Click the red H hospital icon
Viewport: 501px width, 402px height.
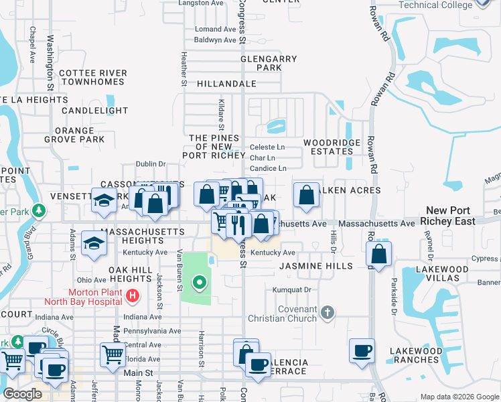pyautogui.click(x=133, y=295)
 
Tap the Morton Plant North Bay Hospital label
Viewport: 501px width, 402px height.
pyautogui.click(x=95, y=300)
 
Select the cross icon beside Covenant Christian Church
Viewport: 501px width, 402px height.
pyautogui.click(x=327, y=312)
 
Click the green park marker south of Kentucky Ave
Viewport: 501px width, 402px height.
pyautogui.click(x=198, y=283)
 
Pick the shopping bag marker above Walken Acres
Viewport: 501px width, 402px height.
pyautogui.click(x=306, y=196)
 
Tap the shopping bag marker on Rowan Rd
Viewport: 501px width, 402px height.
pyautogui.click(x=379, y=255)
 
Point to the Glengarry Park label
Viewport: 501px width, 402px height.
pyautogui.click(x=269, y=64)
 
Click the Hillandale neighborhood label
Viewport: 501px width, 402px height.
pyautogui.click(x=226, y=84)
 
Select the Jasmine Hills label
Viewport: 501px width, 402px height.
pyautogui.click(x=315, y=266)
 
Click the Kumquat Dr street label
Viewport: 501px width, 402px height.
pyautogui.click(x=292, y=290)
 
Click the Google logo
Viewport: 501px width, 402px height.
pyautogui.click(x=23, y=393)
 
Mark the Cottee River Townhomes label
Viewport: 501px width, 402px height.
pyautogui.click(x=92, y=77)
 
